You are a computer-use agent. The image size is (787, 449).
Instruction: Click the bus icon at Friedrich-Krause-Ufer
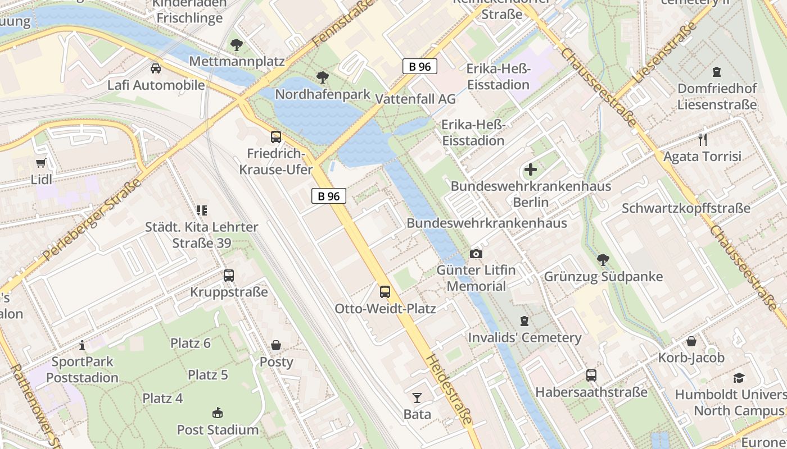coord(275,136)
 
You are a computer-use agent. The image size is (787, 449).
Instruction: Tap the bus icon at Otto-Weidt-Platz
coord(385,291)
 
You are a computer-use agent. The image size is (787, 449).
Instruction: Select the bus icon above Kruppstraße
coord(228,275)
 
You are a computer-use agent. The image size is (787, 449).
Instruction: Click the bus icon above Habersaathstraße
coord(591,375)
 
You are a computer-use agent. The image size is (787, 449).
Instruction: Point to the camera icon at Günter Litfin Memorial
coord(476,254)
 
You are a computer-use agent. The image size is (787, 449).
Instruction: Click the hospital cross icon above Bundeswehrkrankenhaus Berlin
coord(530,169)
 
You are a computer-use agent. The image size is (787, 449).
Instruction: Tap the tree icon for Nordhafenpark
coord(322,77)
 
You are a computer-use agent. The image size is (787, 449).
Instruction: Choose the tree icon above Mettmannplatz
coord(237,44)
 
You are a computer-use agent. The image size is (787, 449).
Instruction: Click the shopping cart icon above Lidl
coord(40,163)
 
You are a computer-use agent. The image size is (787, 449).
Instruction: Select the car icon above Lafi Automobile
coord(156,68)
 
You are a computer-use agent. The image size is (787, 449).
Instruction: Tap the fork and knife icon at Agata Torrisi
coord(702,139)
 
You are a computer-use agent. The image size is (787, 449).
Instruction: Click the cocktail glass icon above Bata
coord(417,397)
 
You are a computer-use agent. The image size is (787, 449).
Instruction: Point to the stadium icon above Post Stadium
coord(218,413)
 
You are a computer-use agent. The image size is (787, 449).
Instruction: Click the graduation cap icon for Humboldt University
coord(738,378)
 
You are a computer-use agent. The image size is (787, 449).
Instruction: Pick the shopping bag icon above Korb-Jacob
coord(691,341)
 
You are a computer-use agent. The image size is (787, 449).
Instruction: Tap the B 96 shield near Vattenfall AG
coord(419,66)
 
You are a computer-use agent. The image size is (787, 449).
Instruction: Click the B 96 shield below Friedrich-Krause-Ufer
coord(329,196)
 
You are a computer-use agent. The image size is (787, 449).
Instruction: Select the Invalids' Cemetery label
coord(524,337)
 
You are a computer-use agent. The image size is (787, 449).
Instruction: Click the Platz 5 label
coord(207,374)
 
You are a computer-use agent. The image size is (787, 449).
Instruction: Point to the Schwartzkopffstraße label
coord(685,208)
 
